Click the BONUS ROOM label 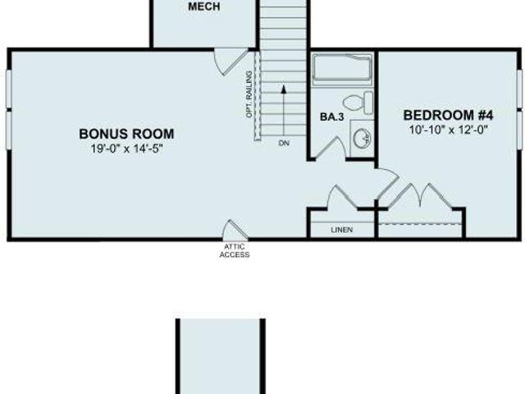coord(126,134)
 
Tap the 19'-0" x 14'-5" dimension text coord(126,149)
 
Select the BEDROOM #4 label coord(449,115)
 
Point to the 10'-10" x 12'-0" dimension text coord(449,130)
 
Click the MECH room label coord(204,7)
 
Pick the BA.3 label coord(331,117)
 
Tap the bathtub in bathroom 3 coord(343,69)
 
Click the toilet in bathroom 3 coord(358,103)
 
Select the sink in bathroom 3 coord(362,138)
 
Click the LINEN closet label coord(342,230)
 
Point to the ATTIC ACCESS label coord(235,250)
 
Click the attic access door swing coord(235,230)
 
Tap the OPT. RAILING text coord(249,94)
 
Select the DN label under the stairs coord(284,143)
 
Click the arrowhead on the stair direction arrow coord(284,89)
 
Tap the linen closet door coord(341,197)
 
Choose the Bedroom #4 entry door coord(387,182)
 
